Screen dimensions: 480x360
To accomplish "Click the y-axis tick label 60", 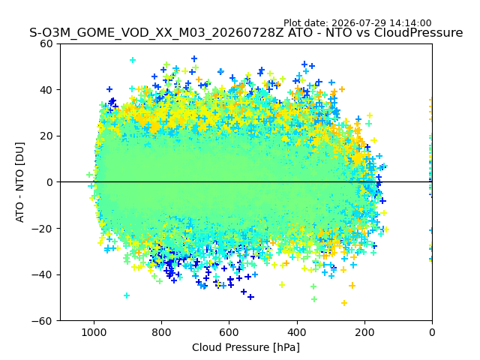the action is [x=46, y=43].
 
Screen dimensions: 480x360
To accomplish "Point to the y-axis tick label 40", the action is [x=46, y=90].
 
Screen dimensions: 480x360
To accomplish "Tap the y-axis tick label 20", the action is [x=46, y=136].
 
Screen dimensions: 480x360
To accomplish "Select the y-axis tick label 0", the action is [x=49, y=182].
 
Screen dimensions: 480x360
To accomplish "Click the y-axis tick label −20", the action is [x=42, y=229].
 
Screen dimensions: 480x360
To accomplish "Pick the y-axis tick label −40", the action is [x=42, y=275].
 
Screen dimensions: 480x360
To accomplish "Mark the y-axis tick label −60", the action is [x=42, y=321].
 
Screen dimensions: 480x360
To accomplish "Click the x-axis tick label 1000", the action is [x=94, y=332].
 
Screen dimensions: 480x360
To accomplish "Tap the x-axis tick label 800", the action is [x=162, y=332].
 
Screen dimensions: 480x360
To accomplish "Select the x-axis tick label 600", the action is [x=229, y=332].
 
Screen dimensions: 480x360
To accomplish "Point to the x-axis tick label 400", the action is [x=297, y=332].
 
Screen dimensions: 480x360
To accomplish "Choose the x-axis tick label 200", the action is [x=364, y=332].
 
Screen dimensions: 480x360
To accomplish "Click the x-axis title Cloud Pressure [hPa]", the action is [x=246, y=348].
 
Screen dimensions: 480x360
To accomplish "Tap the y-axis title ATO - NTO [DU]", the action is [x=20, y=182].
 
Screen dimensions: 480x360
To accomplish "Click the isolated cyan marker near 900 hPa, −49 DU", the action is [x=127, y=295].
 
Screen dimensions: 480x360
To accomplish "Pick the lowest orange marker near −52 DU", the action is [x=344, y=303].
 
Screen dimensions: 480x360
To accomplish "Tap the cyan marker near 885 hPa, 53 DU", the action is [x=133, y=60].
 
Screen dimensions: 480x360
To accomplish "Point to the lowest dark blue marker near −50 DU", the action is [x=250, y=297].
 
